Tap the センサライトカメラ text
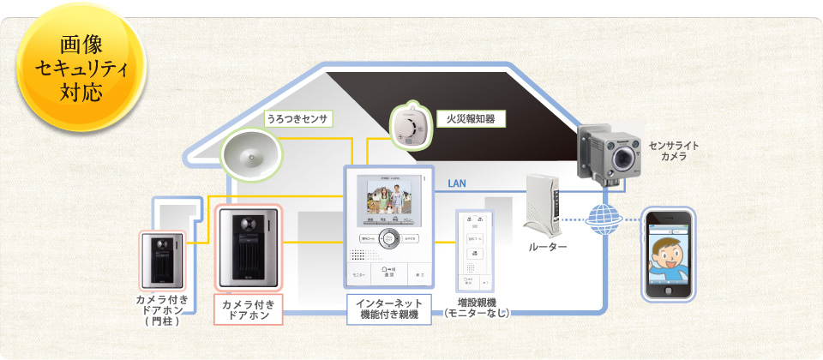673,151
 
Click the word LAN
457,183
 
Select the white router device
543,205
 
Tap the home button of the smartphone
670,292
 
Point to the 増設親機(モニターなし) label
477,308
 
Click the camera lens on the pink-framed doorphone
248,222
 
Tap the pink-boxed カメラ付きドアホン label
247,310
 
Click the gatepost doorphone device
164,260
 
